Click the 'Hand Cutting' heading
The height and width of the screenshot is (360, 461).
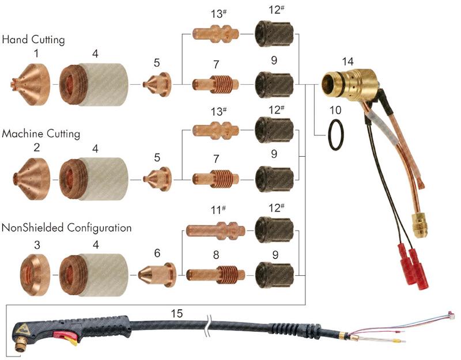(x=33, y=40)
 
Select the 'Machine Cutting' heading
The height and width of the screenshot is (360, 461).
(x=41, y=134)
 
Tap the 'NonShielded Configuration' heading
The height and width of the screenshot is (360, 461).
(x=66, y=228)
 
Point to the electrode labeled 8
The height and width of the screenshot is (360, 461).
(x=213, y=272)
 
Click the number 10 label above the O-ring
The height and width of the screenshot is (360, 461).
(x=334, y=109)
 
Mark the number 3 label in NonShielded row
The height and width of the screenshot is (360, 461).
(x=36, y=245)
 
